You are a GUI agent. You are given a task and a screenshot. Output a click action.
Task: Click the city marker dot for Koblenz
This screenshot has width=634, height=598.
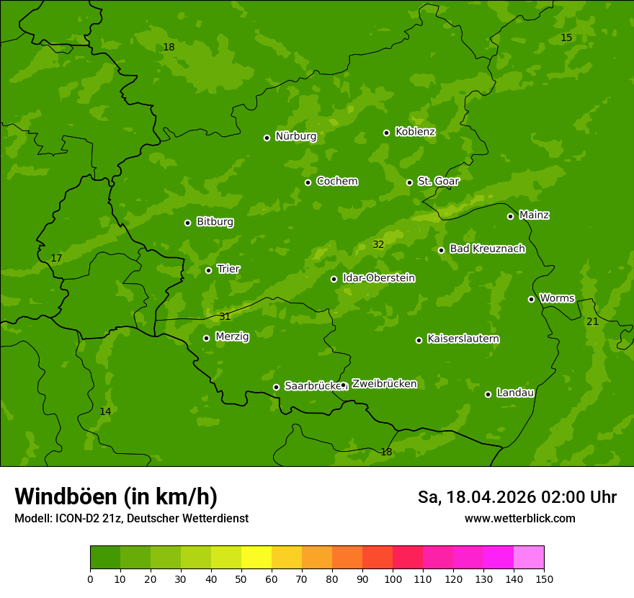pyautogui.click(x=386, y=133)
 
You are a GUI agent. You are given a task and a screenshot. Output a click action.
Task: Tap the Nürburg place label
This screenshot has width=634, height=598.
pyautogui.click(x=295, y=136)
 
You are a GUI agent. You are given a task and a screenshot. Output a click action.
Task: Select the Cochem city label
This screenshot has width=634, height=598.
pyautogui.click(x=336, y=181)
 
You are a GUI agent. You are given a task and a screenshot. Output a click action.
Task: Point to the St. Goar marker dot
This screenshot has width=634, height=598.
pyautogui.click(x=409, y=182)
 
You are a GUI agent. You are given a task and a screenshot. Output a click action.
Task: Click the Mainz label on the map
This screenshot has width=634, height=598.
pyautogui.click(x=534, y=215)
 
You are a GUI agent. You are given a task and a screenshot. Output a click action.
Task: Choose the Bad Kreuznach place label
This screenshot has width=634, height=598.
pyautogui.click(x=487, y=249)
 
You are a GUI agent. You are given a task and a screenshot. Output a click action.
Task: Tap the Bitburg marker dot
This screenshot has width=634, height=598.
pyautogui.click(x=187, y=223)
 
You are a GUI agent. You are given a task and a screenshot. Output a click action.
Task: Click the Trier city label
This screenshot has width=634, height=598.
pyautogui.click(x=228, y=269)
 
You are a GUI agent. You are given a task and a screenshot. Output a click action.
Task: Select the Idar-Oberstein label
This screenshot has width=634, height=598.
pyautogui.click(x=378, y=277)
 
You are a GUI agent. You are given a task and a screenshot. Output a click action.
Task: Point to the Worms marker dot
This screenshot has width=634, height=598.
pyautogui.click(x=531, y=299)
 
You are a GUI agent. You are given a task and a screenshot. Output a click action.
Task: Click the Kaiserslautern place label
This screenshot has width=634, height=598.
pyautogui.click(x=463, y=339)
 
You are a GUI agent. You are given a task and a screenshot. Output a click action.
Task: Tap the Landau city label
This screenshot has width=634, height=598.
pyautogui.click(x=515, y=393)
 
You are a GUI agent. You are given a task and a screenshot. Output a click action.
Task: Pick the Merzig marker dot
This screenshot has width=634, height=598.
pyautogui.click(x=206, y=338)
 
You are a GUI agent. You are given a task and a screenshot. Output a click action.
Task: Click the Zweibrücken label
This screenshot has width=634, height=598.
pyautogui.click(x=384, y=383)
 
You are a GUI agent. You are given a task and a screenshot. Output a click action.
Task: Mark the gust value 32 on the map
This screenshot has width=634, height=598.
pyautogui.click(x=378, y=245)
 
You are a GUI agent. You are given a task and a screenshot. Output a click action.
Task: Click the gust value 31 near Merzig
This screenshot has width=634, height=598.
pyautogui.click(x=225, y=316)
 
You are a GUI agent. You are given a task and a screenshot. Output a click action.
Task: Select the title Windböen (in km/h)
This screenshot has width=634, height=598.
pyautogui.click(x=116, y=496)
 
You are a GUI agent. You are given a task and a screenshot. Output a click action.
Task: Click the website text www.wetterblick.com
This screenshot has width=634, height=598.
pyautogui.click(x=519, y=518)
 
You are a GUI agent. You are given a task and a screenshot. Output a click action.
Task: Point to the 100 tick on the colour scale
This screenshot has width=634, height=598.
pyautogui.click(x=393, y=579)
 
